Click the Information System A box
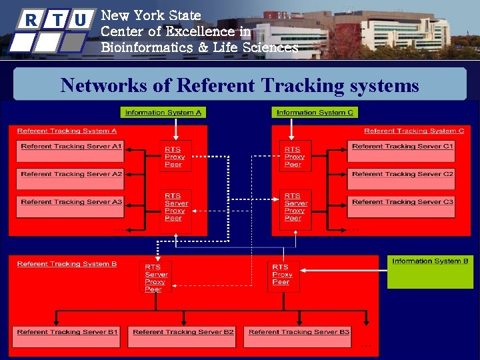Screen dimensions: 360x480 (x=163, y=113)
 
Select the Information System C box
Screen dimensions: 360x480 (x=315, y=113)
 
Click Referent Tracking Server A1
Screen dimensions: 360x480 (x=71, y=152)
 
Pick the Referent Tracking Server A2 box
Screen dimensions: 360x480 (x=71, y=179)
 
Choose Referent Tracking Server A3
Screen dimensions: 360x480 (x=71, y=207)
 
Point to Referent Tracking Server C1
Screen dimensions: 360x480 (x=401, y=152)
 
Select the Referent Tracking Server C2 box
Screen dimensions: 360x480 (x=401, y=179)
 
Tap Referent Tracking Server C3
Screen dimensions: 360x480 (x=401, y=207)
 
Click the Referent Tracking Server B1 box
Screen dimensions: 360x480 (x=67, y=337)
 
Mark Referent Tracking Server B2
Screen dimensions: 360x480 (x=182, y=337)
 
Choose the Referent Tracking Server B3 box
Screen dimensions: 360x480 (x=297, y=337)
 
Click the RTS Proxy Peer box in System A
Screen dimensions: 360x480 (x=175, y=156)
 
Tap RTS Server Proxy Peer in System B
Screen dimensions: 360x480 (x=156, y=277)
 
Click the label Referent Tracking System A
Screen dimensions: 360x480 (x=67, y=131)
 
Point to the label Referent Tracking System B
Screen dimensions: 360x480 (x=67, y=264)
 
